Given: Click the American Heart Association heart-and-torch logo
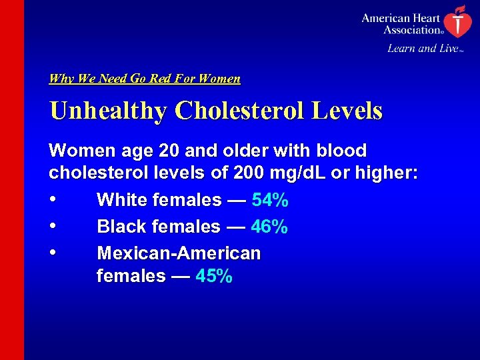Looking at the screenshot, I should click(457, 21).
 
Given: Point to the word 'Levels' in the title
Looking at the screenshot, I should click(347, 111).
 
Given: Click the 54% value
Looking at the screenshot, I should click(270, 200).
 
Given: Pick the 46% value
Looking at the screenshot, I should click(269, 227).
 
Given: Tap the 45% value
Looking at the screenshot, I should click(214, 275).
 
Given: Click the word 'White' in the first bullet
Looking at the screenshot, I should click(121, 200).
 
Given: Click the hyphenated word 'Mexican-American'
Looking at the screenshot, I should click(179, 253).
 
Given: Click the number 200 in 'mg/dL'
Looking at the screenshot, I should click(249, 173).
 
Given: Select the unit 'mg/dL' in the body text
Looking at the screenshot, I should click(295, 173).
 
